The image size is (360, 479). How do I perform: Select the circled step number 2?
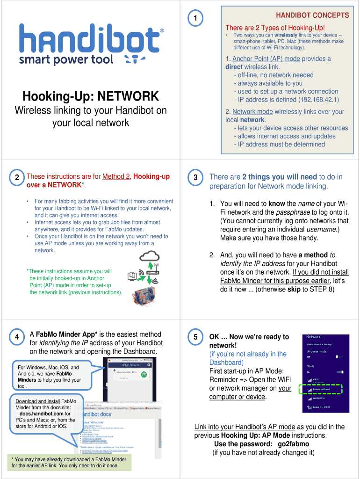[x=16, y=178]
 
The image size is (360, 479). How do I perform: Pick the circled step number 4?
[x=16, y=337]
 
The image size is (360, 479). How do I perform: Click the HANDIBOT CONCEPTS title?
[x=312, y=15]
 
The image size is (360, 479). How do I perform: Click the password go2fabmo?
[x=293, y=444]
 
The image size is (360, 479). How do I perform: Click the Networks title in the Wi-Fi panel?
[x=314, y=337]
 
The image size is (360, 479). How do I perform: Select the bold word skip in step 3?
[x=294, y=289]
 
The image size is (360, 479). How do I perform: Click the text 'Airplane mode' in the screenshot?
[x=317, y=351]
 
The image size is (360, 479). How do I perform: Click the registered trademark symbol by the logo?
[x=162, y=30]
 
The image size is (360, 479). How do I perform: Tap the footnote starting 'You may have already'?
[x=69, y=462]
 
